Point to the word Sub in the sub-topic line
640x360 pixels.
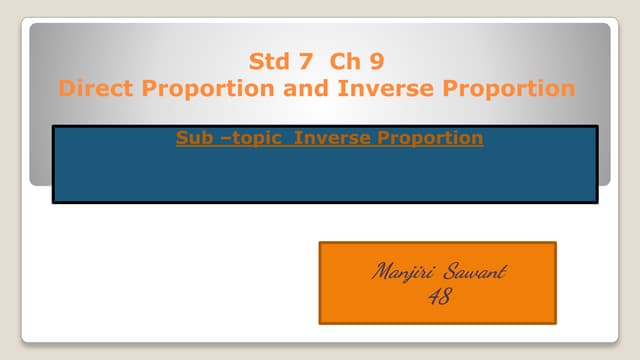(x=193, y=138)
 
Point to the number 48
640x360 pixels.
(x=438, y=296)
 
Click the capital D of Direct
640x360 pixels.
(x=67, y=88)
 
